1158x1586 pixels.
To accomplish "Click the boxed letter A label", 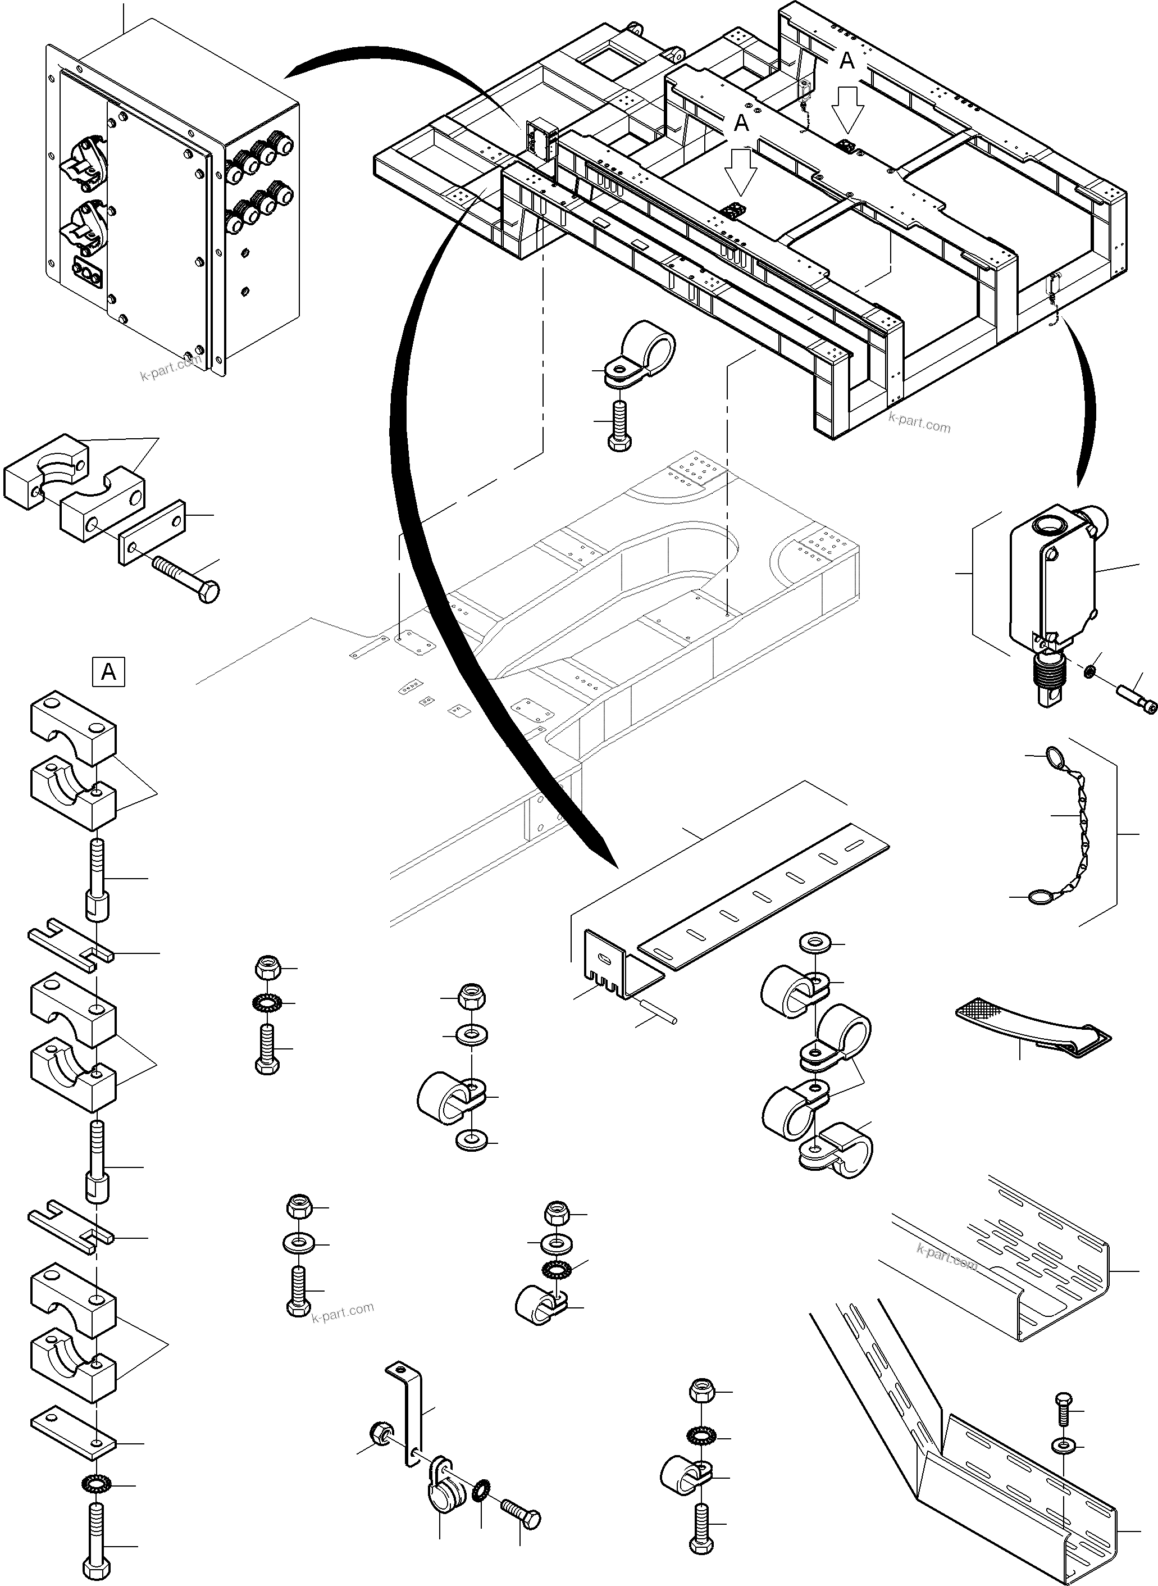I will coord(108,672).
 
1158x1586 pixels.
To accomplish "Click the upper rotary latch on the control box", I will coord(85,158).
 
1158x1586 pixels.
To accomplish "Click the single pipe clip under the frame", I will coord(641,354).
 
